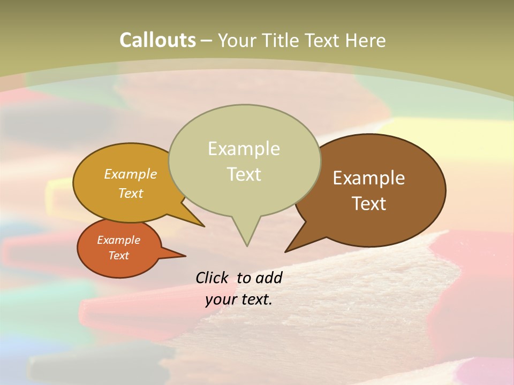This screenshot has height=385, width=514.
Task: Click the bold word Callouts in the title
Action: pos(157,40)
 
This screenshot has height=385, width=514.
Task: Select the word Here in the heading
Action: pos(366,40)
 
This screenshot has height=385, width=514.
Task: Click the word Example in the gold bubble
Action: pos(131,174)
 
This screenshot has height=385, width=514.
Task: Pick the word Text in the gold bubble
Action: pos(131,193)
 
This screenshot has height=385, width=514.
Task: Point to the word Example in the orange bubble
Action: pos(118,240)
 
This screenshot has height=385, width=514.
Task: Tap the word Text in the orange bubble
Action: pos(118,256)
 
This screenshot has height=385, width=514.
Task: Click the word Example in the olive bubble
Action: pos(244,149)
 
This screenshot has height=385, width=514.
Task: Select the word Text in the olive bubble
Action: pos(244,174)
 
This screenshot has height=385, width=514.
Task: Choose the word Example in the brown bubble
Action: pos(369,178)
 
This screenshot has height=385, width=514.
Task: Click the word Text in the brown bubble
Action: pos(369,204)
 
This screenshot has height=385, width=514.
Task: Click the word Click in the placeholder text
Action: pos(212,278)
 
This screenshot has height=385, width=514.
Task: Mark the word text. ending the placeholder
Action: pos(256,299)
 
